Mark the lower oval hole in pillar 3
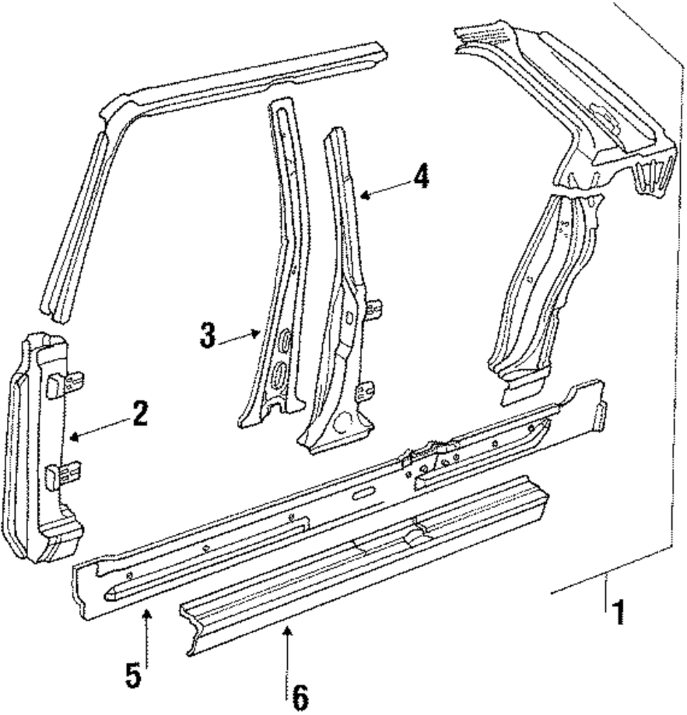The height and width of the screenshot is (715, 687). (x=280, y=374)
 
